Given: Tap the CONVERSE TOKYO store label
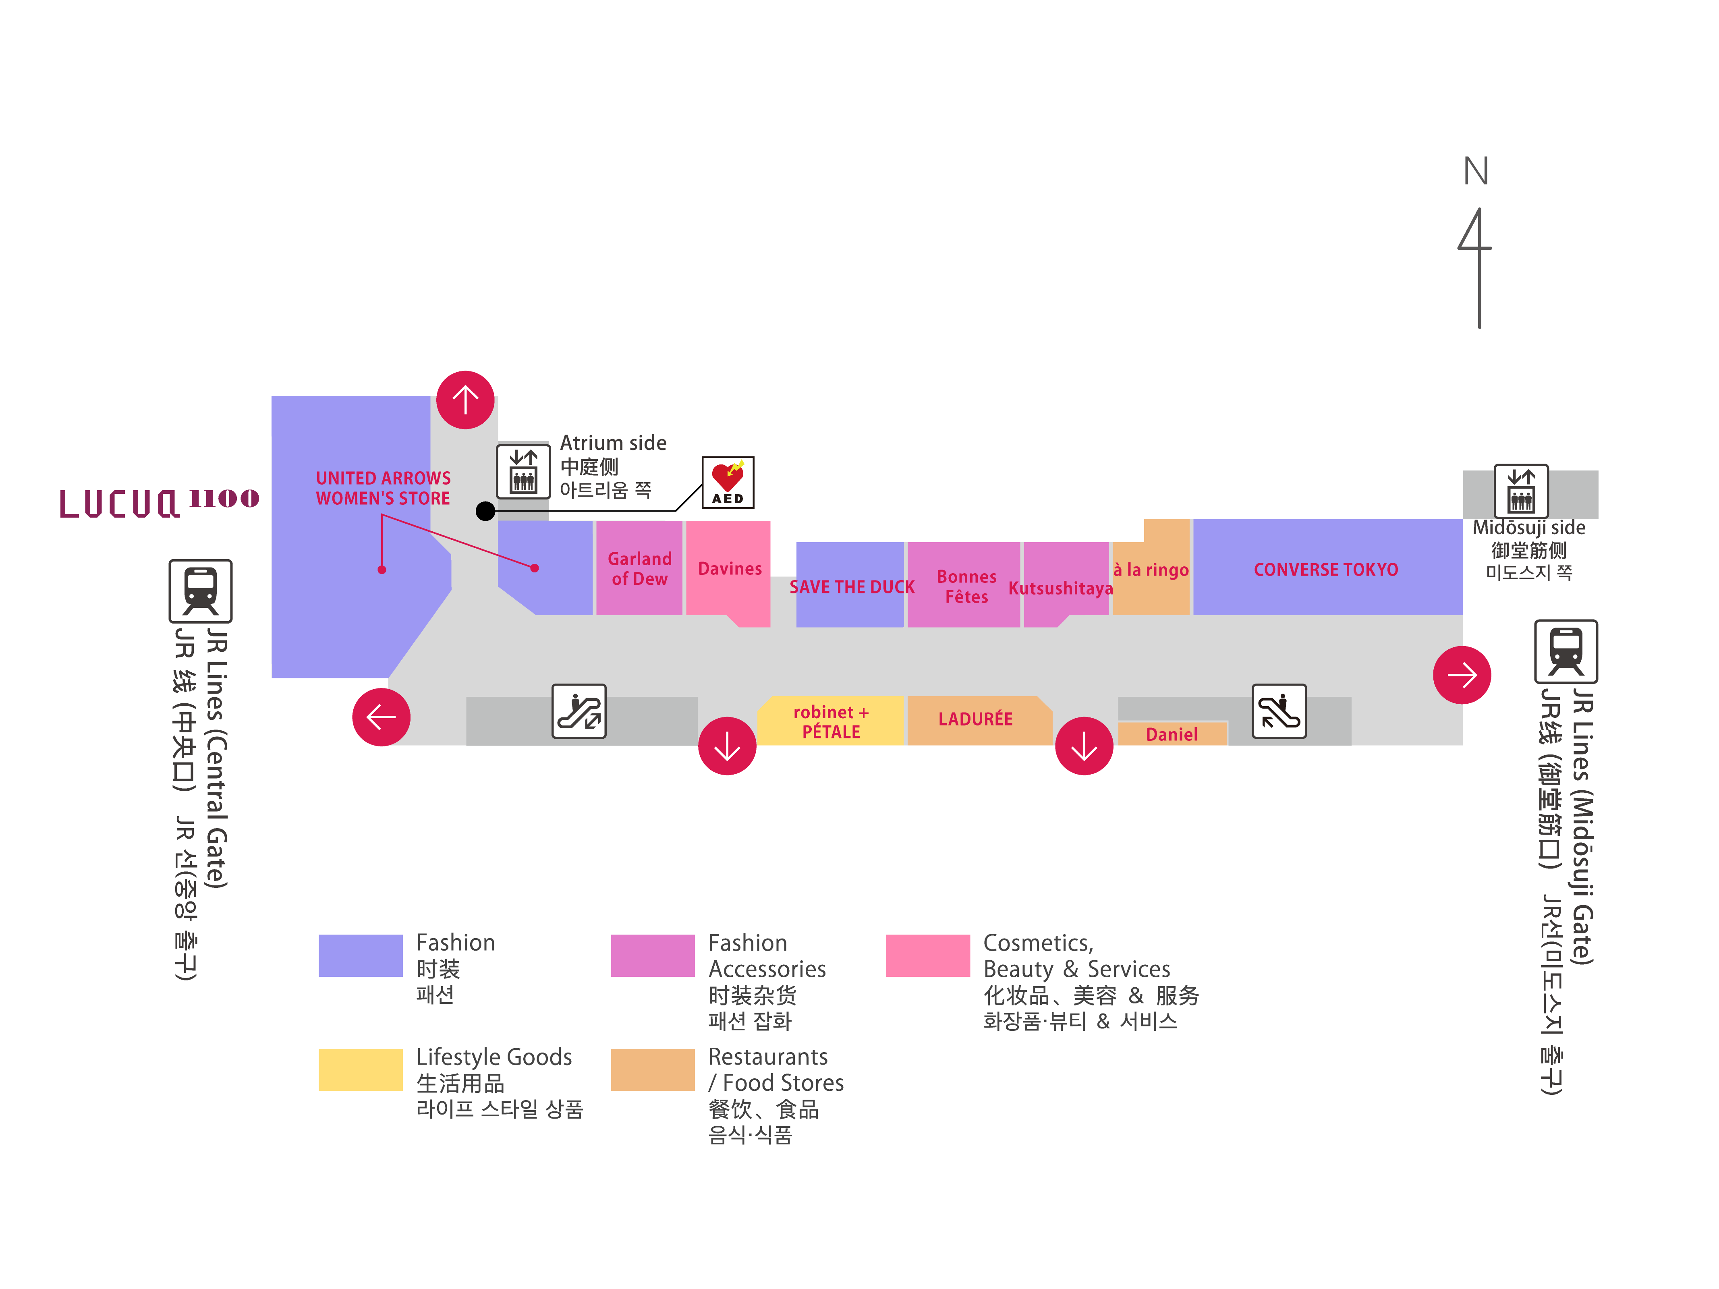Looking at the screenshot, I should pyautogui.click(x=1326, y=570).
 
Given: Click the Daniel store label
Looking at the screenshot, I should pyautogui.click(x=1171, y=734).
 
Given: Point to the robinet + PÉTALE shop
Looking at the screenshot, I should pyautogui.click(x=831, y=722).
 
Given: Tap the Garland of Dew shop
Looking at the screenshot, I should pyautogui.click(x=639, y=569).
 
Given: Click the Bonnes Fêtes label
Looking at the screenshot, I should pyautogui.click(x=966, y=586).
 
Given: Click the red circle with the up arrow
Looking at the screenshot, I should pyautogui.click(x=465, y=400).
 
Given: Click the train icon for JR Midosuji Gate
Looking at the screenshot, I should pyautogui.click(x=1565, y=651).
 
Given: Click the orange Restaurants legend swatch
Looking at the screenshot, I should pyautogui.click(x=652, y=1070).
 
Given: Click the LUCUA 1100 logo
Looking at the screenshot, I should pyautogui.click(x=159, y=503).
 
